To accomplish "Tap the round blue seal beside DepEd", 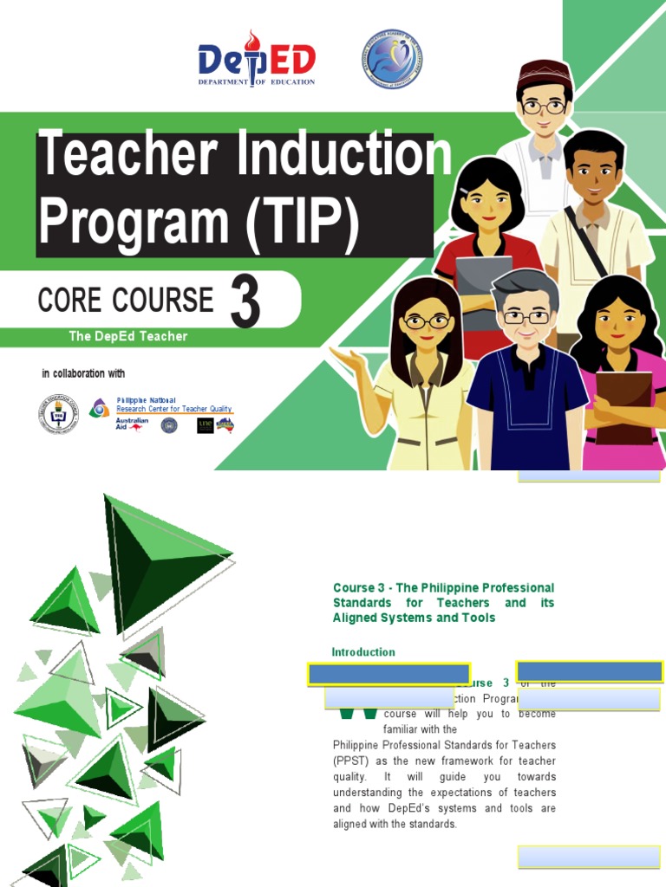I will click(x=392, y=60).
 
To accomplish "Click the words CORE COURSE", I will click(x=126, y=301).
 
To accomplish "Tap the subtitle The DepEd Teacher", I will click(x=128, y=336).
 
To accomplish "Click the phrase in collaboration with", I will click(x=83, y=373).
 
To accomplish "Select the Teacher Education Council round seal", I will click(x=58, y=413).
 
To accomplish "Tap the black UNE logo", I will click(x=205, y=425).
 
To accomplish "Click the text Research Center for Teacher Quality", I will click(x=174, y=409).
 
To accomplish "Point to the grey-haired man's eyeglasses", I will click(x=526, y=317).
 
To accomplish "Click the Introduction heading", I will click(x=363, y=652).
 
